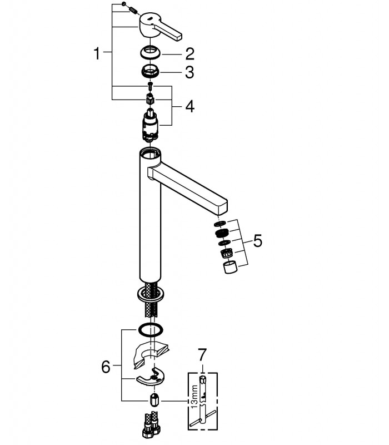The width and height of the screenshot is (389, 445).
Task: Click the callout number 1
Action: coord(97,53)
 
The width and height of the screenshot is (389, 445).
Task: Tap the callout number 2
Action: coord(190,54)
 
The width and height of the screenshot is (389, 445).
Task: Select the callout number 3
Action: coord(189,72)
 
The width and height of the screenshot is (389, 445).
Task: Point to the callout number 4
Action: coord(190,106)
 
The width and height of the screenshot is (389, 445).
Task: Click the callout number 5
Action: coord(257,241)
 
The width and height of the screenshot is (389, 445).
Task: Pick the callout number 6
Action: coord(106,367)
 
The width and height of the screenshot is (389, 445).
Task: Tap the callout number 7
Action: coord(202,355)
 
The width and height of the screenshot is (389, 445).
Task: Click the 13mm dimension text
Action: coord(194,397)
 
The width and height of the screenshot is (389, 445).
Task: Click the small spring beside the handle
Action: coord(133,11)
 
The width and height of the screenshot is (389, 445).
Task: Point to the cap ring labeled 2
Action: coord(150,52)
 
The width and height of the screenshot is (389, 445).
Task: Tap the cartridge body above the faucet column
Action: coord(151,124)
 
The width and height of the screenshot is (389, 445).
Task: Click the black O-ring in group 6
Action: coord(151,330)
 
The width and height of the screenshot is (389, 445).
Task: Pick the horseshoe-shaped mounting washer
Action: coord(150,377)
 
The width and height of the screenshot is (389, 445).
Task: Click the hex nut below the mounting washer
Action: coord(154,400)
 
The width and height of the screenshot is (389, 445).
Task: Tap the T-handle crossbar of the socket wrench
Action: coord(202,417)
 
